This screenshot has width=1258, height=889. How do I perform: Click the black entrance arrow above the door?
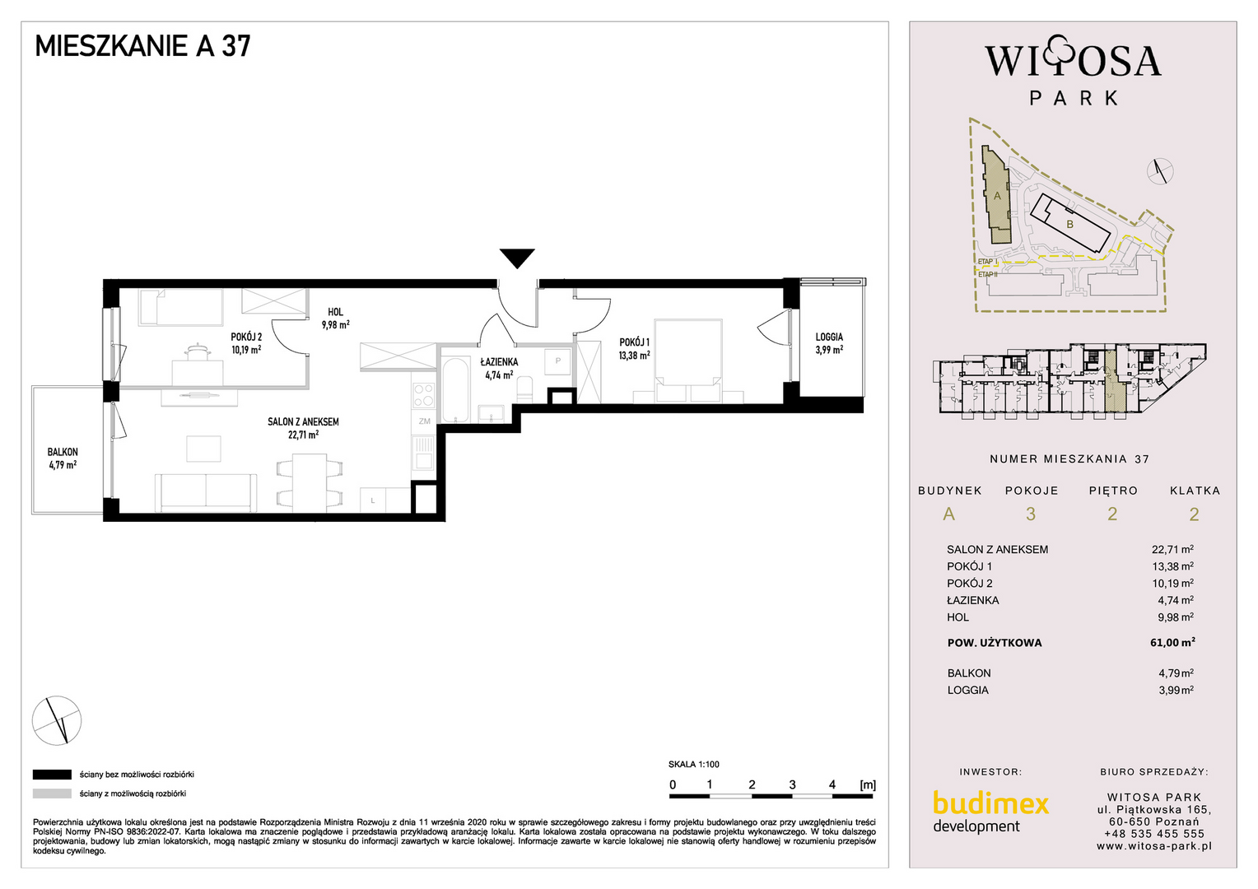tap(517, 258)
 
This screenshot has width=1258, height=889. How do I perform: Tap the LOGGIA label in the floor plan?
tap(829, 337)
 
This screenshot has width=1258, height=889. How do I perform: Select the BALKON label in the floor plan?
tap(63, 452)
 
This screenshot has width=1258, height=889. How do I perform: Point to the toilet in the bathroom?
tap(524, 389)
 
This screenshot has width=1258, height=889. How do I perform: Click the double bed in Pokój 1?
tap(688, 361)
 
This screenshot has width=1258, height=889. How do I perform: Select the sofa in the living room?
tap(206, 492)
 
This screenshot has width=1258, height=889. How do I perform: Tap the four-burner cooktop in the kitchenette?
tap(423, 394)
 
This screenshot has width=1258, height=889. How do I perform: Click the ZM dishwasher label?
tap(425, 421)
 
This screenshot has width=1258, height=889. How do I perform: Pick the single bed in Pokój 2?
tap(181, 307)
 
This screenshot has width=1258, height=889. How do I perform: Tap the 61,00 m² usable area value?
tap(1172, 642)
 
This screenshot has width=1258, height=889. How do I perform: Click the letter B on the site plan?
tap(1069, 225)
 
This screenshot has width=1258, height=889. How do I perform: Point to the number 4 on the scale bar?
tap(832, 784)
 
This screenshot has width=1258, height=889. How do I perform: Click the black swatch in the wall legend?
tap(52, 775)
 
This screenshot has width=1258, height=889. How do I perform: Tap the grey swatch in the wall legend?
tap(52, 794)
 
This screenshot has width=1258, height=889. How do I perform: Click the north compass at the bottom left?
tap(57, 720)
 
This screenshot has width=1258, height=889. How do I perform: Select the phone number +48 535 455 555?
tap(1154, 834)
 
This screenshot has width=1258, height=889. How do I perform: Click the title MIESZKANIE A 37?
tap(142, 46)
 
